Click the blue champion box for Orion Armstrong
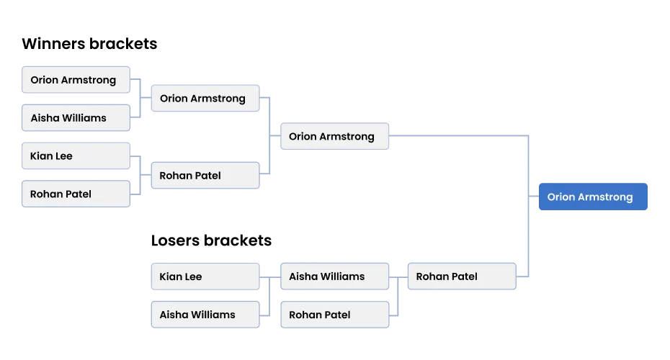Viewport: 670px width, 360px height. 593,197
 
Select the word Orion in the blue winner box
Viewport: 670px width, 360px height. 560,197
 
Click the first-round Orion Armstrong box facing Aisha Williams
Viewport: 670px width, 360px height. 75,80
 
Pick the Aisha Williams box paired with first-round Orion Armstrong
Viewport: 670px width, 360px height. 75,118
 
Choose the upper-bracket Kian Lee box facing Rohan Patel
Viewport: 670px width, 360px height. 75,156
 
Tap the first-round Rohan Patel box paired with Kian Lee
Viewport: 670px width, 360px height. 75,194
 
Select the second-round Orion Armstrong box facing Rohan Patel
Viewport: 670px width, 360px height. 205,99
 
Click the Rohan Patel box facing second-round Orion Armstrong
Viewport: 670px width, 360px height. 205,175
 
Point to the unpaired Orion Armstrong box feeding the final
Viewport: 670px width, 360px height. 334,136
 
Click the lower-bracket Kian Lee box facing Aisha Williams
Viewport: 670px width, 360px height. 205,276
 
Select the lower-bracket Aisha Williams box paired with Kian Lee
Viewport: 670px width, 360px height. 205,315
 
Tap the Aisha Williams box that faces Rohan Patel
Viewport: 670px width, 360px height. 334,276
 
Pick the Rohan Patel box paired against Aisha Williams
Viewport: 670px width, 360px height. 334,315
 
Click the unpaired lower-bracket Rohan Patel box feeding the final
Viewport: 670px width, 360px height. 461,276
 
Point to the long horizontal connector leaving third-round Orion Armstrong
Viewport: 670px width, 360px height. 461,134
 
